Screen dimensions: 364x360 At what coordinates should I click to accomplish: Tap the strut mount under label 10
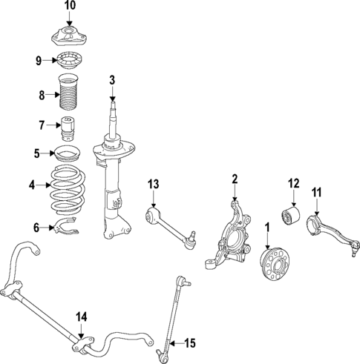pos(69,36)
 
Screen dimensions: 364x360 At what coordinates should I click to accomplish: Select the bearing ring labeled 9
pos(69,62)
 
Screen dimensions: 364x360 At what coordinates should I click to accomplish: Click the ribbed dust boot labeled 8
pos(69,93)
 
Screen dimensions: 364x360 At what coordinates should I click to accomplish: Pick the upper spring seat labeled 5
pos(68,155)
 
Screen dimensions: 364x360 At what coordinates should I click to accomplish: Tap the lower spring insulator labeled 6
pos(68,226)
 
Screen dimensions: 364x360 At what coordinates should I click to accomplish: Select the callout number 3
pos(112,80)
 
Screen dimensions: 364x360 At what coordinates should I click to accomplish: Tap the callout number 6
pos(36,227)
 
